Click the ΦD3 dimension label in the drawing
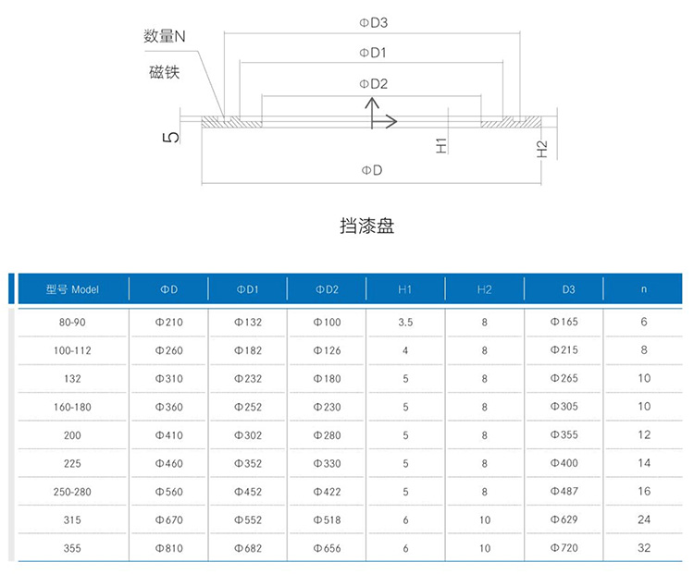(x=373, y=22)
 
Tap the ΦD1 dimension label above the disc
(x=373, y=53)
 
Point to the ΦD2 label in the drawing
(x=373, y=84)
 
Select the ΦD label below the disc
(x=372, y=170)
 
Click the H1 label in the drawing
(x=441, y=145)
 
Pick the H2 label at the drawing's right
(x=541, y=149)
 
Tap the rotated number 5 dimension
(x=171, y=137)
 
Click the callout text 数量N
(x=164, y=36)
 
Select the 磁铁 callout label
(x=164, y=72)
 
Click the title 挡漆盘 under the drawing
(x=367, y=226)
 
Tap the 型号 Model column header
(x=72, y=289)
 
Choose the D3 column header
(x=568, y=289)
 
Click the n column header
(x=643, y=289)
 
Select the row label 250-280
(x=72, y=492)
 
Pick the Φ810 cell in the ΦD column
(x=168, y=548)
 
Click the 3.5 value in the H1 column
(x=405, y=323)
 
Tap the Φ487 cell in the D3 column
(x=564, y=492)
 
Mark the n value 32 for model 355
(x=644, y=548)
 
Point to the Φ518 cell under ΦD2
(x=327, y=520)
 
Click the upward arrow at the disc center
(x=372, y=113)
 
